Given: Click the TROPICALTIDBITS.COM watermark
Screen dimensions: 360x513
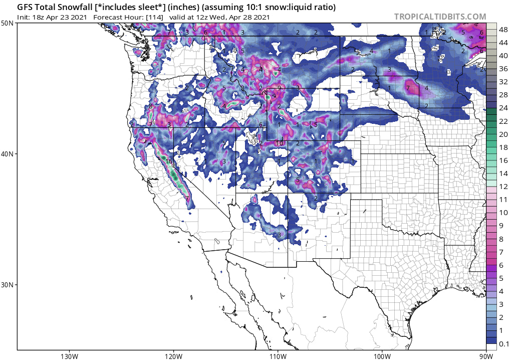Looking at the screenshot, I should click(x=440, y=17).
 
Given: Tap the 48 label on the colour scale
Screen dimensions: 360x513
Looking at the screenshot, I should click(x=502, y=30).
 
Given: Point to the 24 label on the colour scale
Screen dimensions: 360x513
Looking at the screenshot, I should click(x=502, y=108).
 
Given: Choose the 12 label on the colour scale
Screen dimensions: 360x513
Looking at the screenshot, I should click(x=502, y=187).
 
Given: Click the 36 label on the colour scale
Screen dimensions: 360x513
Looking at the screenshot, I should click(x=502, y=69).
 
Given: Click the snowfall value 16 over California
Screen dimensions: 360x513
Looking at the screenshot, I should click(x=169, y=161).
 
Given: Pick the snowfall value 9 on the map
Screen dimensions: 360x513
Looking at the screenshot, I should click(x=279, y=88).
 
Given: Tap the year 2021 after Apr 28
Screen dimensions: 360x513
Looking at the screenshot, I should click(x=261, y=17).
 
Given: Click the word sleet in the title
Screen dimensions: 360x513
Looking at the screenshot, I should click(x=140, y=8).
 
